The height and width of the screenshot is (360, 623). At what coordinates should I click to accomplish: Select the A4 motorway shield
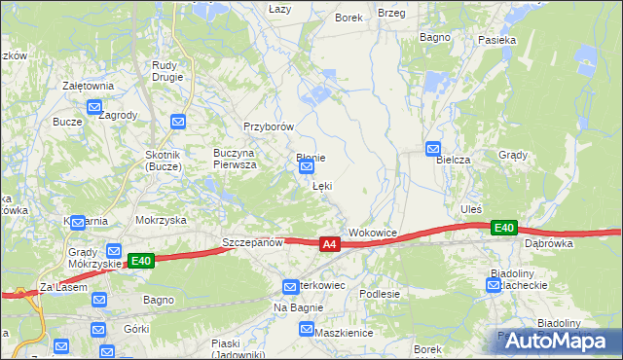[330, 244]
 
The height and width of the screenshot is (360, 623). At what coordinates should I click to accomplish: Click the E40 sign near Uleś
[503, 227]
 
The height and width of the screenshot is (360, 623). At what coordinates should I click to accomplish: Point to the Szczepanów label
[252, 242]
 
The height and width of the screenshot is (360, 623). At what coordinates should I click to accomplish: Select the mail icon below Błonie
[306, 166]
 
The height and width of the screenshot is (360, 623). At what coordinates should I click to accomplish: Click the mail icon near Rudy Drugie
[178, 122]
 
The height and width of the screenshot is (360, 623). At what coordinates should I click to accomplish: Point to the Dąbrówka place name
[548, 244]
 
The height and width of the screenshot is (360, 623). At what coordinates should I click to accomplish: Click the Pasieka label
[496, 41]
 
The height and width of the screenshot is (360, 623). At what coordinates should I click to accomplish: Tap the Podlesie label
[380, 293]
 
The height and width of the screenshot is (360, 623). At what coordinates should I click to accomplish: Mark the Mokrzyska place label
[161, 220]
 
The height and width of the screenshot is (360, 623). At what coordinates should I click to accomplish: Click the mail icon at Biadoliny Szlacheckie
[494, 284]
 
